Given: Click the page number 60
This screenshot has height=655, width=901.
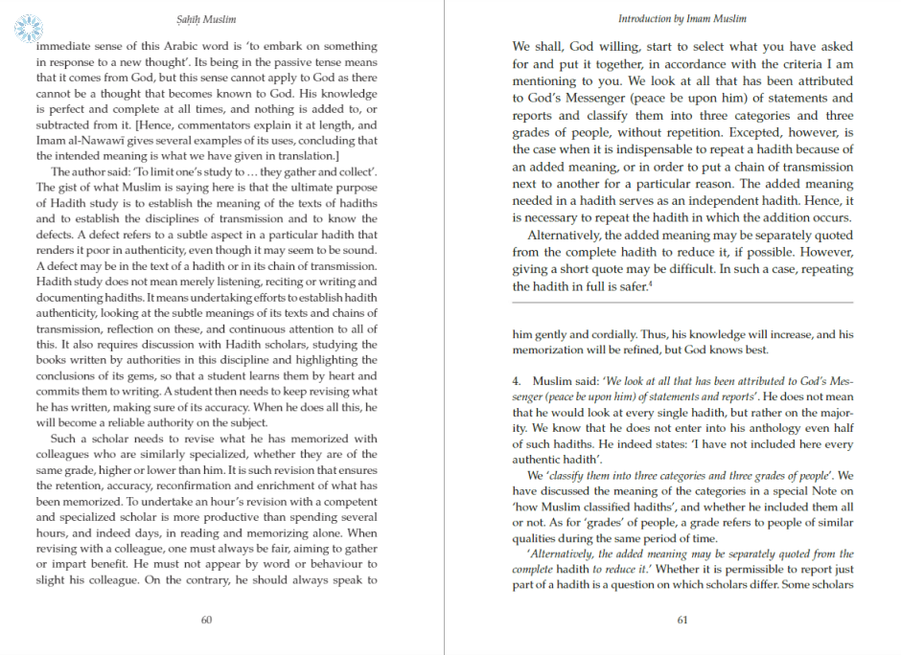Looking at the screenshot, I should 206,620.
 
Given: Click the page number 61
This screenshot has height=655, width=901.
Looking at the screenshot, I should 682,620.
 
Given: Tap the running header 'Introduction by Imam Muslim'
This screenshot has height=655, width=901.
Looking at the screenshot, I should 682,18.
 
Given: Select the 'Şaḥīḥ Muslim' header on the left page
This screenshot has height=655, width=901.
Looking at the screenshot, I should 206,18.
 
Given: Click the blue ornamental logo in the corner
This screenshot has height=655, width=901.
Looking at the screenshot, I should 29,27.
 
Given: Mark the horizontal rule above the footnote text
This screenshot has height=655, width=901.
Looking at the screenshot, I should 682,303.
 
